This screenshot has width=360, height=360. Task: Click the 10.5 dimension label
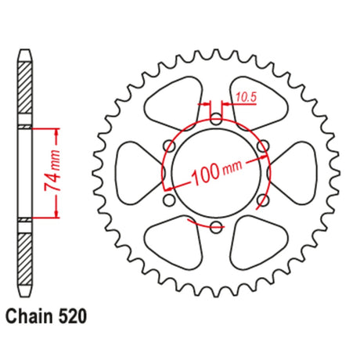point(247,97)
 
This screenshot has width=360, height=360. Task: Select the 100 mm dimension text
point(216,172)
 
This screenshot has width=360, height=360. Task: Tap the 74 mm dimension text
point(52,171)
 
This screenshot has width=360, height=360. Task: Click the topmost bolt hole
point(216,119)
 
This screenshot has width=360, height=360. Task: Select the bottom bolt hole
point(216,227)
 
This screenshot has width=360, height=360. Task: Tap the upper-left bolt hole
point(169,146)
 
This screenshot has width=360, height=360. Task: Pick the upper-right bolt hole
point(263,146)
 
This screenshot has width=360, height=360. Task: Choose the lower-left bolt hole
point(169,200)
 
